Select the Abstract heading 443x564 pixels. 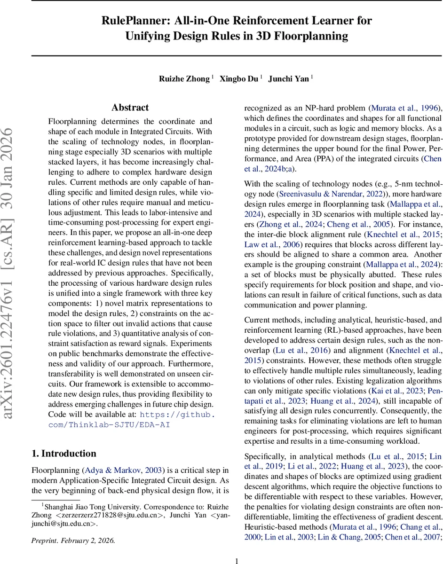pos(130,108)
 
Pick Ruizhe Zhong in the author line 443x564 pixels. pos(184,79)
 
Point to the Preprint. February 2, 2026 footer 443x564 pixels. pos(73,527)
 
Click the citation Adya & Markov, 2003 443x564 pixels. pos(124,470)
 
